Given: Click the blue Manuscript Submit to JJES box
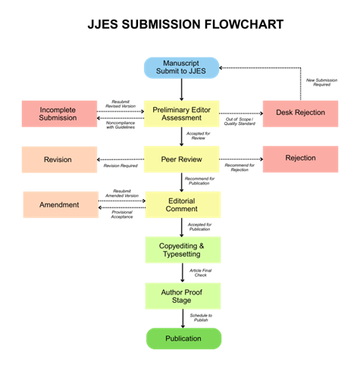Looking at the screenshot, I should click(182, 67).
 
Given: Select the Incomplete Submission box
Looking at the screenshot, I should click(58, 114).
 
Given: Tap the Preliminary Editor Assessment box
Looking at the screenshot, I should click(182, 114).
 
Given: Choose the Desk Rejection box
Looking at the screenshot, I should click(300, 113).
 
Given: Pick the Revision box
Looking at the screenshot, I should click(58, 160).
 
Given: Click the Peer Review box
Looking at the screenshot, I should click(182, 160).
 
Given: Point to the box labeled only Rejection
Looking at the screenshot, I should click(300, 159).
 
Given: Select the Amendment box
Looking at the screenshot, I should click(60, 205).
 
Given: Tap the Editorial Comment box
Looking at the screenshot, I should click(182, 204).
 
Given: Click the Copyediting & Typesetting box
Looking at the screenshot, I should click(182, 250).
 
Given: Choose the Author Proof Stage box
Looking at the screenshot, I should click(182, 296).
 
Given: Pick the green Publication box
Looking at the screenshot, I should click(183, 338).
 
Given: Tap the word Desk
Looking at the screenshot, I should click(284, 113).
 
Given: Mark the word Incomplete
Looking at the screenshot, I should click(58, 109).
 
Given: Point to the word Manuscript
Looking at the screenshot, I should click(183, 63).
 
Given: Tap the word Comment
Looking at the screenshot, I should click(182, 209).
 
